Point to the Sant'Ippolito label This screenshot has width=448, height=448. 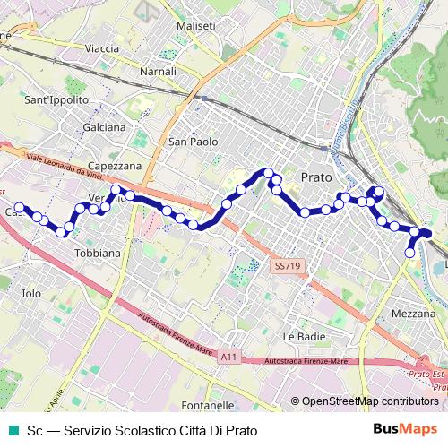click(x=57, y=99)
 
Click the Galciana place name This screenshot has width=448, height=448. click(x=104, y=127)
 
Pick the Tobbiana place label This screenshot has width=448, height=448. click(x=98, y=254)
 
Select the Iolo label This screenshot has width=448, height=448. click(x=31, y=293)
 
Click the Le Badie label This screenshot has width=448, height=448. click(x=302, y=336)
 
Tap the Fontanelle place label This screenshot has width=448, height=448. click(x=207, y=405)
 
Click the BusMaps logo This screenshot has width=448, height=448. click(x=411, y=430)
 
